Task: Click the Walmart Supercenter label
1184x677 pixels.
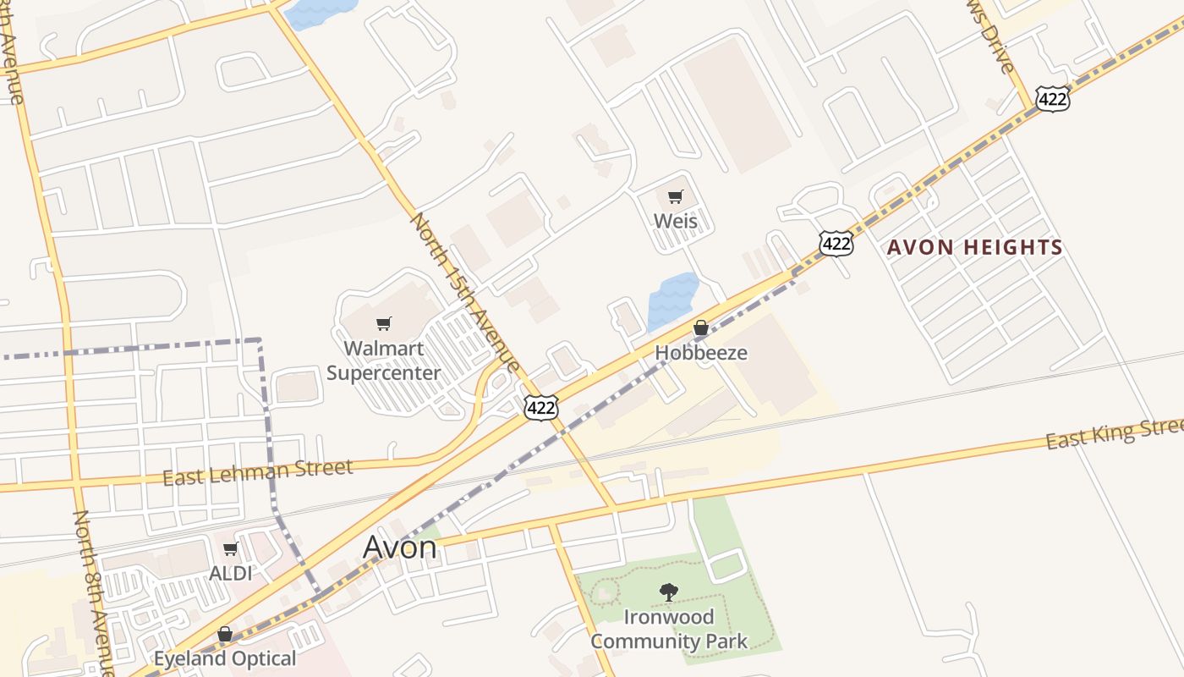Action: point(383,361)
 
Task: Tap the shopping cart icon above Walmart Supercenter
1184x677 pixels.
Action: point(384,323)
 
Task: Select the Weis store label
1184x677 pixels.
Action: point(676,221)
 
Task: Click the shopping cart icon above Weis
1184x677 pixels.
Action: point(675,197)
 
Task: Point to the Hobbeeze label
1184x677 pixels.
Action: point(701,352)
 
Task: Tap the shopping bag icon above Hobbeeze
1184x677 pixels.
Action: point(701,327)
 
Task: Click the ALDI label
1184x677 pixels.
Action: point(230,573)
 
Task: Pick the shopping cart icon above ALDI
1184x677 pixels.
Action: point(230,549)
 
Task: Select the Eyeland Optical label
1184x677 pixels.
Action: point(225,658)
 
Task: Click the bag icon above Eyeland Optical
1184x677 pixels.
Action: point(225,634)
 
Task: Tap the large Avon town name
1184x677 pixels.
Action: point(400,547)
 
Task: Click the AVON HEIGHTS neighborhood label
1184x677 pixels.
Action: point(974,248)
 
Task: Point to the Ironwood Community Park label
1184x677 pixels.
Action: point(668,629)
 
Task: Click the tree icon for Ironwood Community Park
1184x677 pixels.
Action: point(668,592)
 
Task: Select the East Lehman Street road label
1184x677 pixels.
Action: point(257,472)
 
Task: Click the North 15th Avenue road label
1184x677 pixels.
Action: point(464,291)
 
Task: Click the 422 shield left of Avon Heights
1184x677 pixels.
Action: point(836,245)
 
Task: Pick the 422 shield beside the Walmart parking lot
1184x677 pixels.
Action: point(540,408)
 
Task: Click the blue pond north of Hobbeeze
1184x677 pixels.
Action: point(672,300)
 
